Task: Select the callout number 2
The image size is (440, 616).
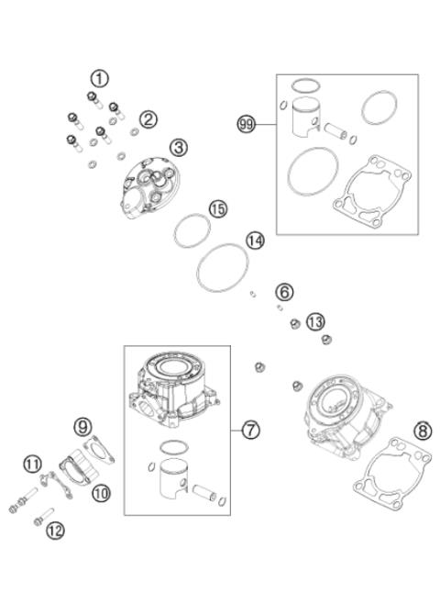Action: pyautogui.click(x=148, y=118)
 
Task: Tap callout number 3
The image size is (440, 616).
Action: pyautogui.click(x=178, y=146)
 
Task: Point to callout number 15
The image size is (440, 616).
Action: pyautogui.click(x=216, y=209)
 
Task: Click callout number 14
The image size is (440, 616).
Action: pyautogui.click(x=255, y=241)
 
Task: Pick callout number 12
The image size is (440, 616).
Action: pyautogui.click(x=55, y=529)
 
